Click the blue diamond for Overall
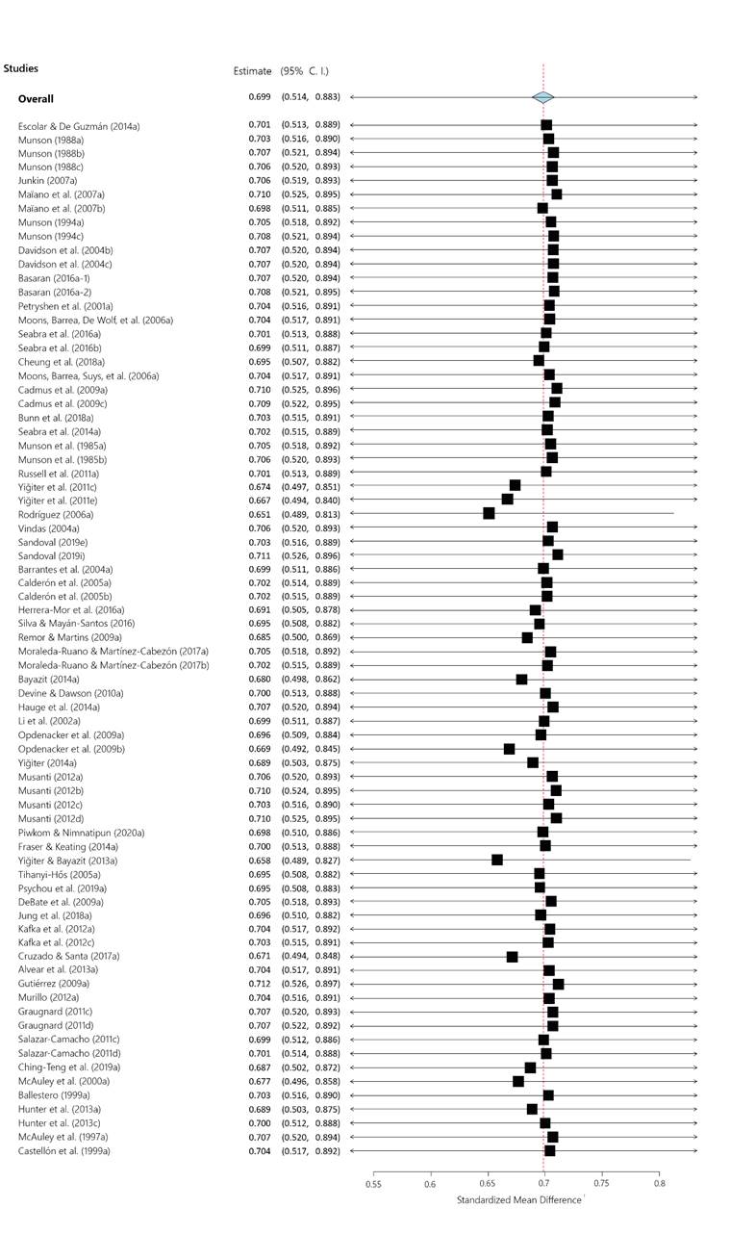(543, 97)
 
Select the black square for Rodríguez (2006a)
(489, 513)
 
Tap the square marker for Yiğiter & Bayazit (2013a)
(497, 860)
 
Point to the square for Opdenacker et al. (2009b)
(509, 749)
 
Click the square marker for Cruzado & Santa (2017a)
(512, 957)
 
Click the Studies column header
(20, 68)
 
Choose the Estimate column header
(253, 71)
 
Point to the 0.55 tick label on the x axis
(373, 1184)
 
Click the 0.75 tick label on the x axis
(602, 1184)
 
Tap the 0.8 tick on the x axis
(659, 1184)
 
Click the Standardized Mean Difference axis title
(518, 1200)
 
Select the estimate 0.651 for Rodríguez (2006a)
(259, 513)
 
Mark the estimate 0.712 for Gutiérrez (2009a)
(259, 984)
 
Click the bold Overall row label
(36, 98)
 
